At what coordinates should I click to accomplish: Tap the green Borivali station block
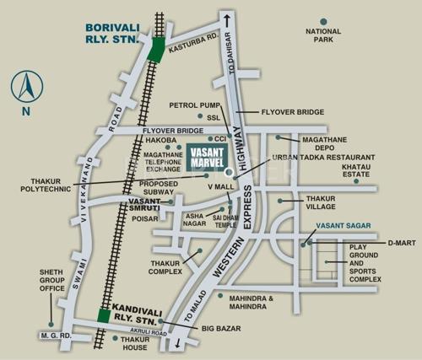[156, 51]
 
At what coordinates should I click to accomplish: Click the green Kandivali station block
[104, 315]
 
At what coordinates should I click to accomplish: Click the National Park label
[324, 35]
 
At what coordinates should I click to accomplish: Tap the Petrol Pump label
[194, 105]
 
